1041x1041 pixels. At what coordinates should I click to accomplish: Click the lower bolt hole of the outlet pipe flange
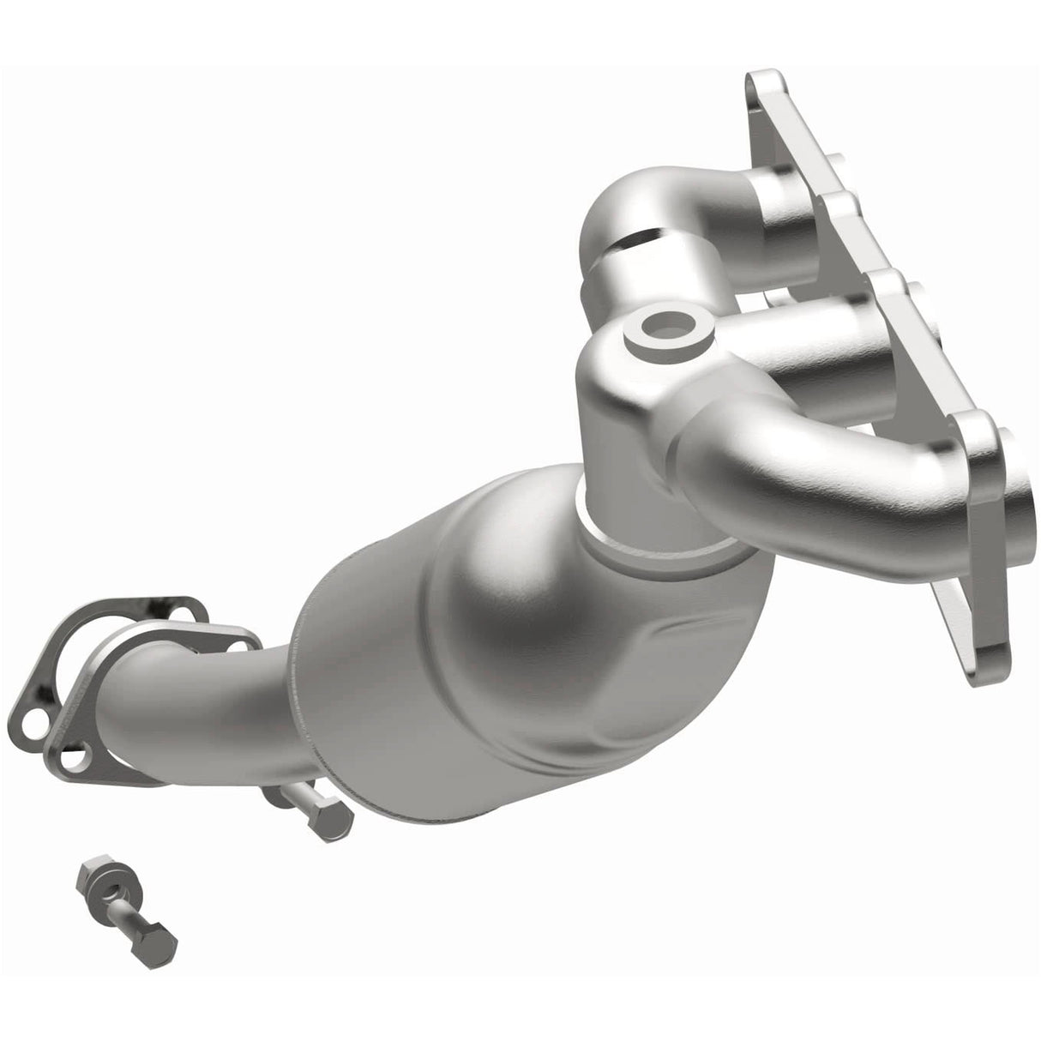pos(75,757)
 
